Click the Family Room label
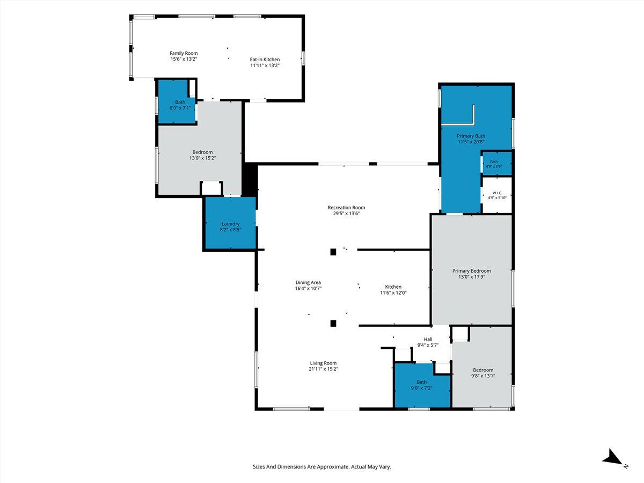click(x=184, y=53)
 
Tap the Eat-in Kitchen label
click(x=265, y=60)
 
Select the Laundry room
click(x=231, y=223)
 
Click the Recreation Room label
click(x=346, y=208)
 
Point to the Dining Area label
click(x=308, y=282)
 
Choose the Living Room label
click(x=323, y=363)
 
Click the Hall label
click(x=428, y=339)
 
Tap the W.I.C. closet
click(x=497, y=195)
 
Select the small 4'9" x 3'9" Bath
click(x=497, y=163)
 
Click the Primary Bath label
click(x=471, y=136)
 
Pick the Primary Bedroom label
click(x=472, y=271)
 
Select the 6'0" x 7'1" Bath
click(x=177, y=102)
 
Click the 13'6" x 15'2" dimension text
click(x=202, y=158)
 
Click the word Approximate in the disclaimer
click(x=334, y=467)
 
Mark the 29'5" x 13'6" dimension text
click(x=346, y=214)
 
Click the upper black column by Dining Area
click(x=333, y=252)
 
